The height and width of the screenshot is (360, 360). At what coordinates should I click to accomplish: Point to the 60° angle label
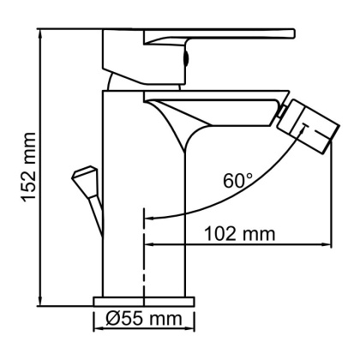click(x=237, y=182)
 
